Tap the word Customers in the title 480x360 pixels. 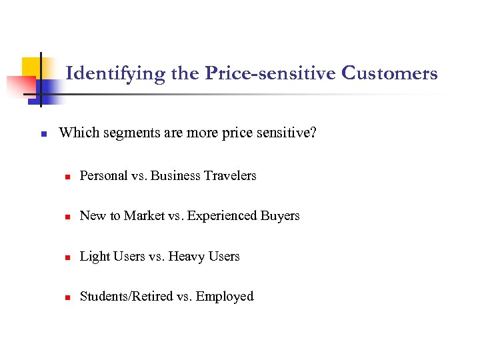point(389,73)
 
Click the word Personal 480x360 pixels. point(103,175)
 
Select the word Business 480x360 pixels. point(175,175)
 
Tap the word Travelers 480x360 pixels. point(229,175)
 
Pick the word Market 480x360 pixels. point(141,215)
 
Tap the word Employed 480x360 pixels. point(225,297)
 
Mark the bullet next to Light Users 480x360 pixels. point(67,257)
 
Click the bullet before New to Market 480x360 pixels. point(67,217)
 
